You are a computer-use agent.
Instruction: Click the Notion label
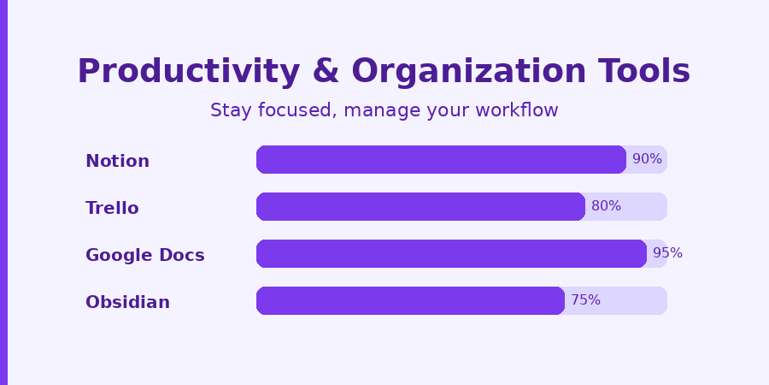[x=117, y=161]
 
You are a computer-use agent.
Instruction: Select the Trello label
[x=112, y=208]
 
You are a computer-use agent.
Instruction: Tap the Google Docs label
[x=144, y=255]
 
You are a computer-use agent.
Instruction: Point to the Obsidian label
[x=127, y=302]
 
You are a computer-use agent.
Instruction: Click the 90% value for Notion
[x=647, y=159]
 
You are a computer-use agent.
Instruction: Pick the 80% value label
[x=606, y=206]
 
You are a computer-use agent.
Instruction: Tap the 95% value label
[x=667, y=253]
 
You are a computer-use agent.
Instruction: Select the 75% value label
[x=585, y=300]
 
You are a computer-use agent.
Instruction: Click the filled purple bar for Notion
[x=441, y=160]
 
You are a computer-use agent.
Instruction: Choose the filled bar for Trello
[x=420, y=207]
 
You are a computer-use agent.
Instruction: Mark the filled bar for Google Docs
[x=451, y=254]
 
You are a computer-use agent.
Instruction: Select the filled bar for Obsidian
[x=410, y=301]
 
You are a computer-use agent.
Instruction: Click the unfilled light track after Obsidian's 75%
[x=634, y=301]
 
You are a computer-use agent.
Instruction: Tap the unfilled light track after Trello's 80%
[x=644, y=207]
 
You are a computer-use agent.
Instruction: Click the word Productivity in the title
[x=189, y=72]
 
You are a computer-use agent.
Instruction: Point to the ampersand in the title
[x=326, y=71]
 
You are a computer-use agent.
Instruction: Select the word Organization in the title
[x=469, y=72]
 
